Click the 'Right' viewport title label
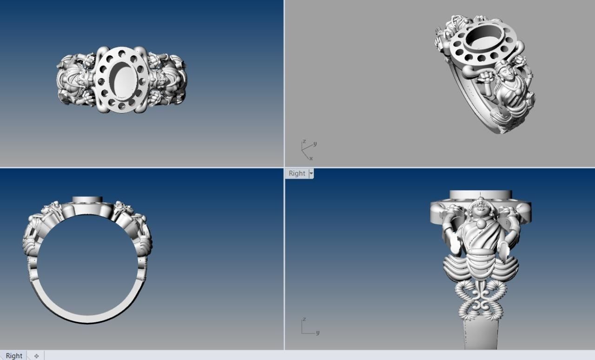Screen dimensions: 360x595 click(297, 173)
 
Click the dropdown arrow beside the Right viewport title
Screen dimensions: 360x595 click(311, 173)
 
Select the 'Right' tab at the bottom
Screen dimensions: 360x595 click(14, 355)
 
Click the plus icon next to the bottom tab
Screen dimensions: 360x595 click(36, 356)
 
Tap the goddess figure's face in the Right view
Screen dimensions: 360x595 click(479, 208)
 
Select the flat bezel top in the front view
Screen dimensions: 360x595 click(87, 200)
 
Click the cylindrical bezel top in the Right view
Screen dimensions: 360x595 click(481, 194)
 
